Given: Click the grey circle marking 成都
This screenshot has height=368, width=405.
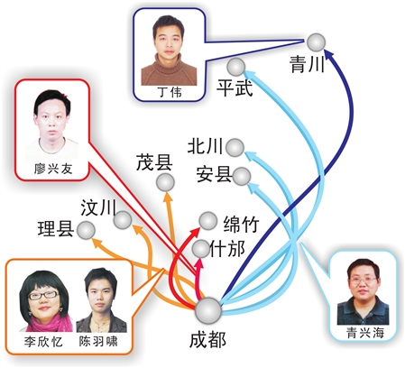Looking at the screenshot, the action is click(x=208, y=311).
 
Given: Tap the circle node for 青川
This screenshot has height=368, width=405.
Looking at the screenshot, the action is click(x=317, y=42).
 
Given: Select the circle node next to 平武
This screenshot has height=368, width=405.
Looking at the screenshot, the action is click(x=236, y=67).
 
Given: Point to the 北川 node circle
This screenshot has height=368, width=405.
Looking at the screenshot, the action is click(x=235, y=148).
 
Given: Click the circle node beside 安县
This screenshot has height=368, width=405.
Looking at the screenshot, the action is click(x=242, y=177).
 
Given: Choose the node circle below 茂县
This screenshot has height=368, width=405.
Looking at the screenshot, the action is click(x=165, y=182).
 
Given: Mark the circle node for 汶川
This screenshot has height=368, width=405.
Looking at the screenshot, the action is click(x=123, y=220).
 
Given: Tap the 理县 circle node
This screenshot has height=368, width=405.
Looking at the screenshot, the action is click(x=86, y=230).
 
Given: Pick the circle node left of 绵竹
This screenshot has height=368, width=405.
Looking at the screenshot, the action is click(x=208, y=221).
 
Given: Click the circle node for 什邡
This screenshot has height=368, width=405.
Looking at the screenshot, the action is click(x=201, y=249).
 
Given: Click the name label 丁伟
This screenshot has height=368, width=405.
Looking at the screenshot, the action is click(x=170, y=92).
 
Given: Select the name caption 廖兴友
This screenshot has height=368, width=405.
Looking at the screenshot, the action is click(x=53, y=169).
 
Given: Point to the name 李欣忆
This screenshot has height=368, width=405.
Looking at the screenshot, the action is click(x=43, y=342).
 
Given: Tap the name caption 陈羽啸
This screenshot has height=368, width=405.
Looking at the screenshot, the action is click(x=98, y=341).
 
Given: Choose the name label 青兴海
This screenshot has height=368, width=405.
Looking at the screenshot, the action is click(x=365, y=333).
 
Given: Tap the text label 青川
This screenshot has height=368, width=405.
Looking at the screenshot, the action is click(x=307, y=64).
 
